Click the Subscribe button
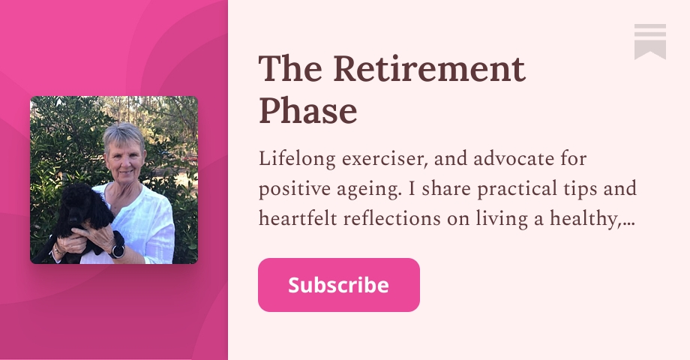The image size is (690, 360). click(338, 285)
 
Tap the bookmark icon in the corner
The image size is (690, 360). click(649, 41)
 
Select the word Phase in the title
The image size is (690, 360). click(307, 112)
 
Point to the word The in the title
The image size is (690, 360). click(290, 70)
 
